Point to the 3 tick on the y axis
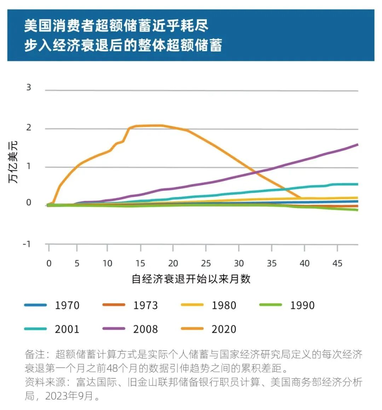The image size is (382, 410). [29, 87]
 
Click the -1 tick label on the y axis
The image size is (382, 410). [27, 244]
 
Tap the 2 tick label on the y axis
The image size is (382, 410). [29, 128]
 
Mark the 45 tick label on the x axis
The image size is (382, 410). [337, 263]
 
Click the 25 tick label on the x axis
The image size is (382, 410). [206, 263]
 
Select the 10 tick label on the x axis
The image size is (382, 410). [107, 263]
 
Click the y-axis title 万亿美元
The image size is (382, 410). [13, 162]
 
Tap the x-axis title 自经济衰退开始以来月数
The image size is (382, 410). [191, 279]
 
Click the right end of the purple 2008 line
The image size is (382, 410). [357, 145]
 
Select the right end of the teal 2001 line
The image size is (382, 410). [357, 184]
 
